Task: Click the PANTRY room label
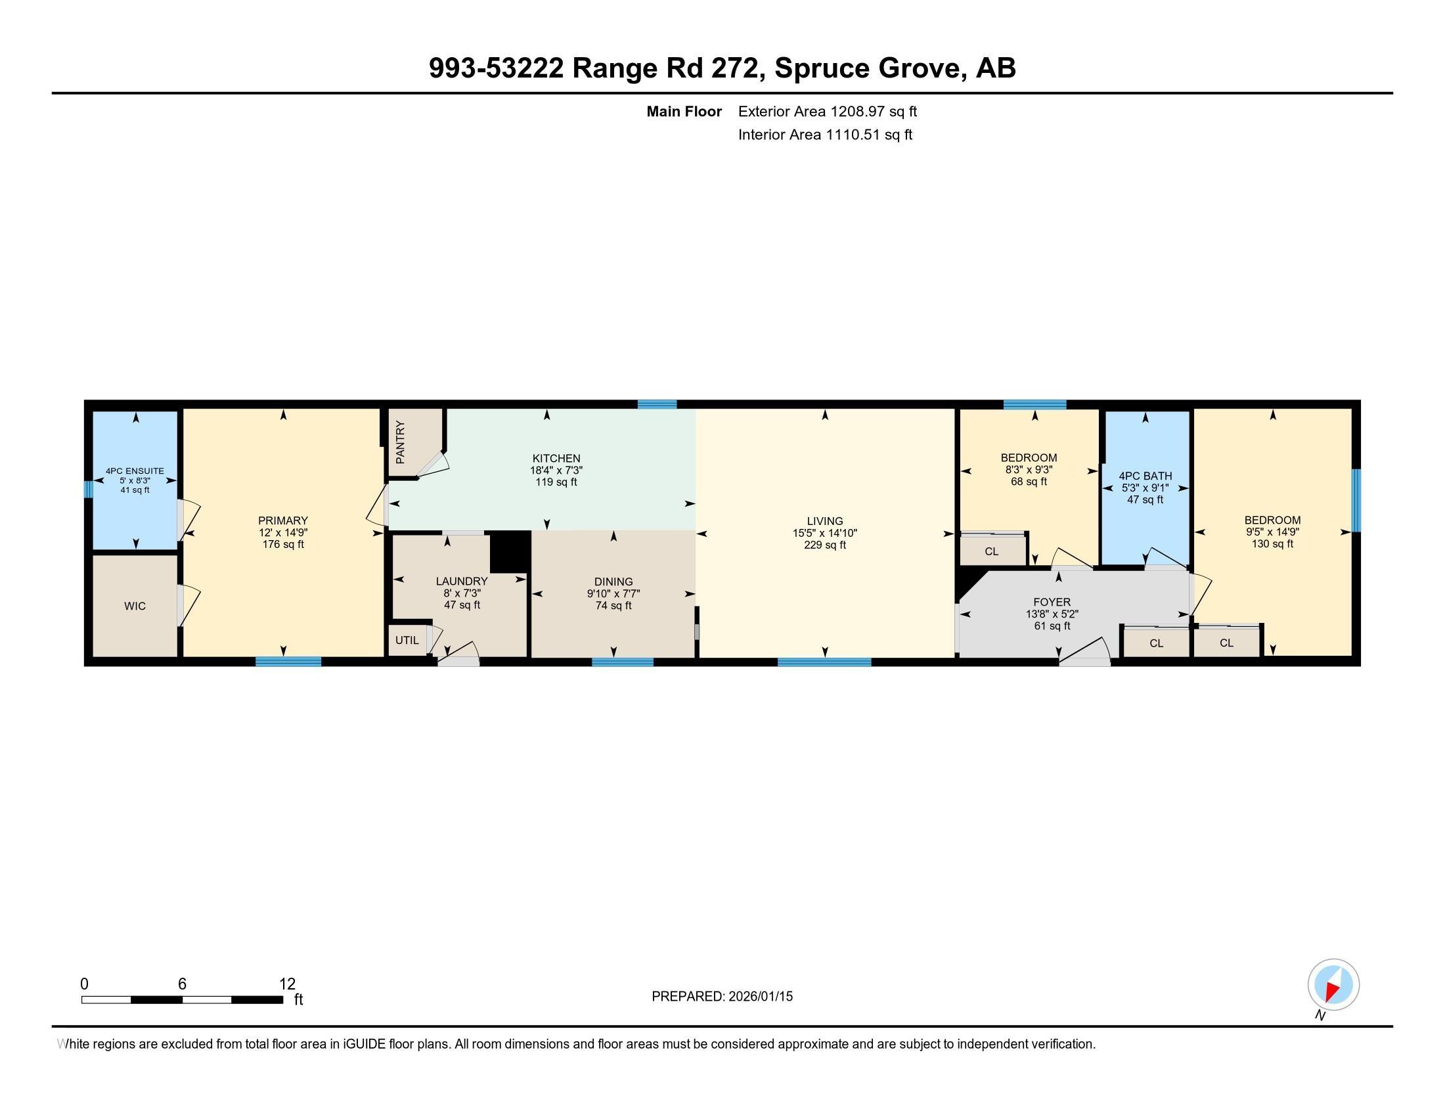coord(399,443)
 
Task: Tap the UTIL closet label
coord(407,641)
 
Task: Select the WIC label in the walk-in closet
coord(135,606)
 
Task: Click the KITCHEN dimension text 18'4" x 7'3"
coord(556,470)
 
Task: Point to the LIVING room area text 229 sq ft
coord(825,545)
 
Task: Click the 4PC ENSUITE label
coord(135,471)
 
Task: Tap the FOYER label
coord(1052,602)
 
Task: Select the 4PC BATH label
coord(1145,476)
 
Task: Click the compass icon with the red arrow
coord(1333,985)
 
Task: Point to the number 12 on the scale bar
coord(287,984)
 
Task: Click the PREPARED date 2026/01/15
coord(759,997)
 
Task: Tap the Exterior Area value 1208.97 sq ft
coord(874,112)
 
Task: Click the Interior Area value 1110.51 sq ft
coord(869,135)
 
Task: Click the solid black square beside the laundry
coord(510,551)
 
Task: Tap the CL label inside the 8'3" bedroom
coord(991,552)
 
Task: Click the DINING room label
coord(613,582)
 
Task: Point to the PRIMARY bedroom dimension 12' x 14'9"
coord(283,533)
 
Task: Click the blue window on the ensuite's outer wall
coord(87,489)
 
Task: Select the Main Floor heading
coord(684,112)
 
